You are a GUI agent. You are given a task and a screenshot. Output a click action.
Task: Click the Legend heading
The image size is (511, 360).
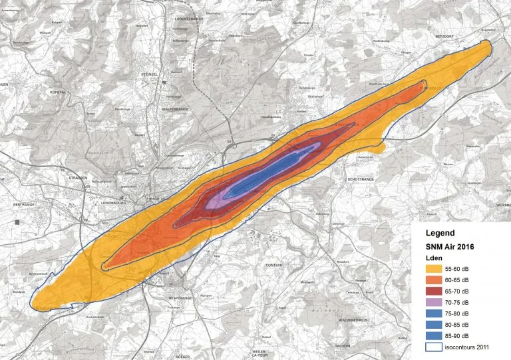[x=440, y=233]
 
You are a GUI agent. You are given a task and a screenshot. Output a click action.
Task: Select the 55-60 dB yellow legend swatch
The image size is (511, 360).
[x=435, y=269]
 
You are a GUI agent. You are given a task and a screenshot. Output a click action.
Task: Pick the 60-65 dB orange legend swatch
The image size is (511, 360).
[x=435, y=280]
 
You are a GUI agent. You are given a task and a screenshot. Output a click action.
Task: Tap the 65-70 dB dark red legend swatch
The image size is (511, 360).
[x=435, y=291]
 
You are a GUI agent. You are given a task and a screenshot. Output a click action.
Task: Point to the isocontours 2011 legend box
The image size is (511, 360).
[x=435, y=347]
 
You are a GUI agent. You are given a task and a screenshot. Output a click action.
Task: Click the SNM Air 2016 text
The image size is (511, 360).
[x=449, y=247]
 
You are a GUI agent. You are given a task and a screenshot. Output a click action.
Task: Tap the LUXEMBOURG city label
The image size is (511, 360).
[x=113, y=203]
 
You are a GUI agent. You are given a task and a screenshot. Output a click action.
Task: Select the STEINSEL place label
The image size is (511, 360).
[x=150, y=75]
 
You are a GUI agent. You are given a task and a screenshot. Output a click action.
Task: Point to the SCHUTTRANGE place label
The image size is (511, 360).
[x=361, y=179]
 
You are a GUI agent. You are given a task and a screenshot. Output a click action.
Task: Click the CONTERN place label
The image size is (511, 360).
[x=274, y=265]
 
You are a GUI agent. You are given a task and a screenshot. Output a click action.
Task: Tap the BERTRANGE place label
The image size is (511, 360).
[x=23, y=205]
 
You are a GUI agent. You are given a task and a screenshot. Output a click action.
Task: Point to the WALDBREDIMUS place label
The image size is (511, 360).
[x=353, y=320]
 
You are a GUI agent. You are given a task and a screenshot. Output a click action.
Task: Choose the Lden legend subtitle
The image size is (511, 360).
[x=432, y=259]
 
